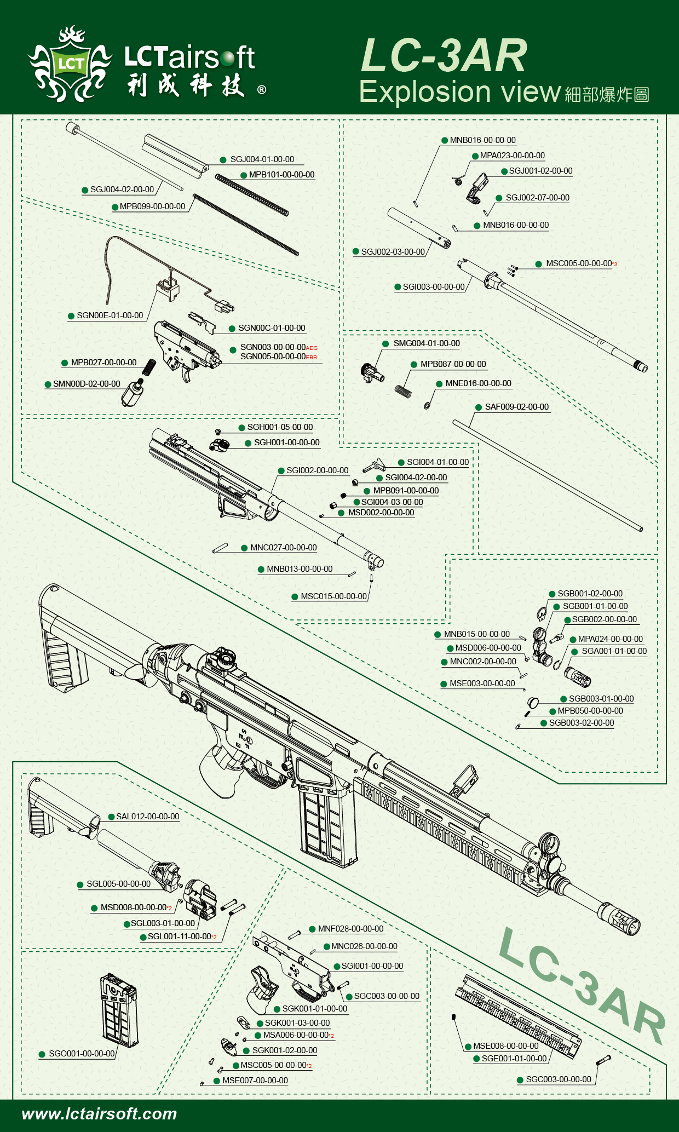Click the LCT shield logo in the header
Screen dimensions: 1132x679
[x=70, y=64]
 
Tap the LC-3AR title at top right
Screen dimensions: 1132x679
[x=444, y=55]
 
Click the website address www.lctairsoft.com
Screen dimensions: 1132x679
[x=99, y=1114]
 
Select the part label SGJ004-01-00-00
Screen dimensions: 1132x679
[x=262, y=159]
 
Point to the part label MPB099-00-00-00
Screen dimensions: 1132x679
[x=152, y=206]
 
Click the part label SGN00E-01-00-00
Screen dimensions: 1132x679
[x=110, y=315]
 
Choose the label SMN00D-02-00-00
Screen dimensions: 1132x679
[x=87, y=384]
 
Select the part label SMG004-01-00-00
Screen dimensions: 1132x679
[x=427, y=343]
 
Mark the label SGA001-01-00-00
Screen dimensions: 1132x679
[x=614, y=651]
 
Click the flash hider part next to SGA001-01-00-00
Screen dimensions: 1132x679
[x=578, y=676]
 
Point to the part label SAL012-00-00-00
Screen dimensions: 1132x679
[x=147, y=817]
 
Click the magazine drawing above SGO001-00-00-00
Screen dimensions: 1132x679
[x=119, y=1010]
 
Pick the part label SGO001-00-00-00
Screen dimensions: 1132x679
[x=82, y=1054]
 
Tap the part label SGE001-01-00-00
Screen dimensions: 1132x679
[x=514, y=1059]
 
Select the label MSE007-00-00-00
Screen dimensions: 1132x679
[x=255, y=1081]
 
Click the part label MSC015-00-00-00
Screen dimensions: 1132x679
[x=333, y=596]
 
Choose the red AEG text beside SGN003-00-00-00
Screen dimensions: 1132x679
[x=312, y=348]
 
